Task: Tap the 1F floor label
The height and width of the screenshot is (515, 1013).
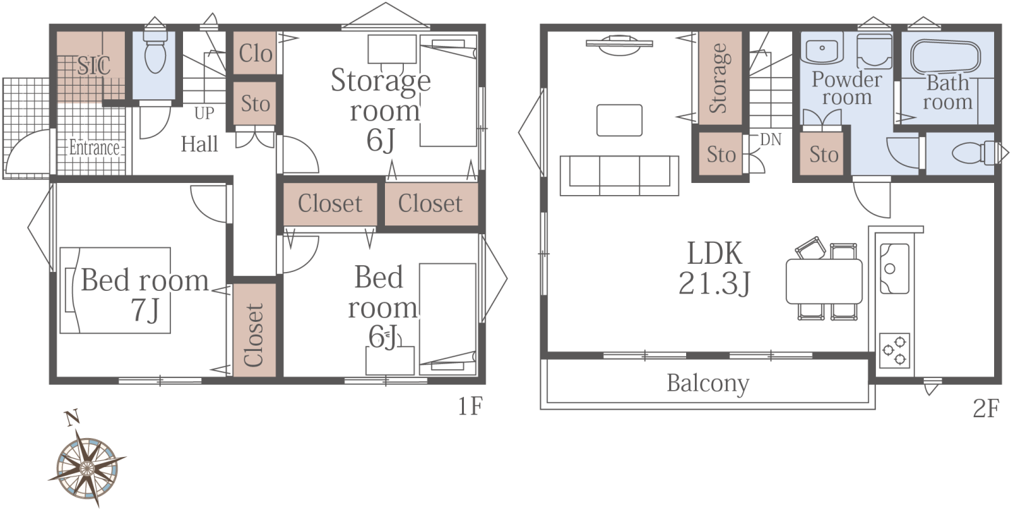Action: (470, 406)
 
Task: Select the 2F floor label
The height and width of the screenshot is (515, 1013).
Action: (986, 410)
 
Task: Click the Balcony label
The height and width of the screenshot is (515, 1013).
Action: (708, 383)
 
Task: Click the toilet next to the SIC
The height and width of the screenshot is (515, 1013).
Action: (155, 51)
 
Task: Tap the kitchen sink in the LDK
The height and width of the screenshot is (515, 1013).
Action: (895, 269)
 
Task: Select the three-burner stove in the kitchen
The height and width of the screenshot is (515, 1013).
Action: (895, 350)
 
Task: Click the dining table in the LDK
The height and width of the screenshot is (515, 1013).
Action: (824, 281)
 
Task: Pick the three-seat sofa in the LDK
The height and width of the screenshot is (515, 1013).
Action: (619, 176)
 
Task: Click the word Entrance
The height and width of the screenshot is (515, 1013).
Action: (94, 148)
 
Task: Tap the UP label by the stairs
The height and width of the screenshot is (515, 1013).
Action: (204, 113)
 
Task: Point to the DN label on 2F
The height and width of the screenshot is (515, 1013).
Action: (771, 140)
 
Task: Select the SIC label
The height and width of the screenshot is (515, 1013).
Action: (94, 66)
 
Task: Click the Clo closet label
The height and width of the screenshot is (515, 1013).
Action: (255, 54)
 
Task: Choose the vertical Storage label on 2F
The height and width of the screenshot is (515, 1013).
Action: (719, 78)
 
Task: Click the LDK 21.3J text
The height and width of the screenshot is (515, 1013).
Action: (715, 269)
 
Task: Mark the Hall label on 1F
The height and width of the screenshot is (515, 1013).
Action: (199, 144)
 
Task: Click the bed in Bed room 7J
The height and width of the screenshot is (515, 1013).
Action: (115, 290)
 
